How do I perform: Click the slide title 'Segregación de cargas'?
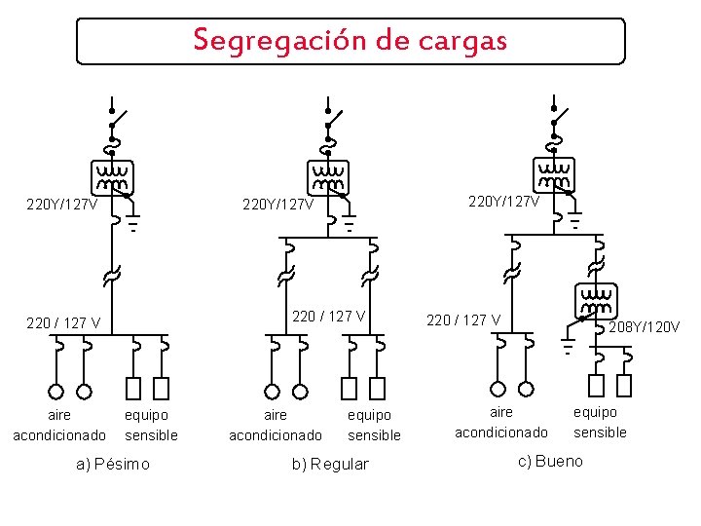click(x=350, y=41)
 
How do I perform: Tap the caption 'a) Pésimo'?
click(x=113, y=464)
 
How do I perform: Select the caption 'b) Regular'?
click(x=330, y=464)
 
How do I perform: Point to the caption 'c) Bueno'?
click(x=550, y=461)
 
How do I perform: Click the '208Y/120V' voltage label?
click(x=644, y=327)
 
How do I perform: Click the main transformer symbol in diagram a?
click(x=112, y=177)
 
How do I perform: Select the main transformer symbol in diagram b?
click(x=329, y=177)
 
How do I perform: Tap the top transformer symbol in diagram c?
click(x=554, y=175)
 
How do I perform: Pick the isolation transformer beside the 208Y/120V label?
click(x=595, y=300)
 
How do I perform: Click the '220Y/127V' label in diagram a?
click(x=61, y=205)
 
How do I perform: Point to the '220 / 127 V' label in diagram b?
click(x=329, y=316)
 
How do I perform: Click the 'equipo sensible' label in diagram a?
click(x=152, y=425)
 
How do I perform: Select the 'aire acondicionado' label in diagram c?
click(x=501, y=422)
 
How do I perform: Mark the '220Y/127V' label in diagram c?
click(x=504, y=202)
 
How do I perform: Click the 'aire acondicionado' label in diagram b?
click(x=276, y=425)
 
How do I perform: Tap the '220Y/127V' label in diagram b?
click(x=277, y=205)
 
